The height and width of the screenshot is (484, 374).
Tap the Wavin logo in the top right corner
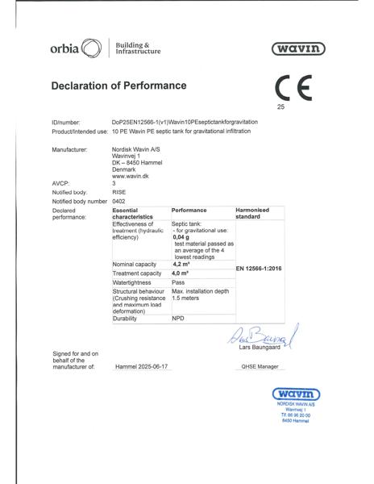(x=298, y=49)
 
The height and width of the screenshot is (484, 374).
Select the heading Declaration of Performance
(x=118, y=86)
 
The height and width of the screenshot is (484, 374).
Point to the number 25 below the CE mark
(x=280, y=106)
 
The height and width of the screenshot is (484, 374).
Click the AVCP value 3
(x=114, y=183)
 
